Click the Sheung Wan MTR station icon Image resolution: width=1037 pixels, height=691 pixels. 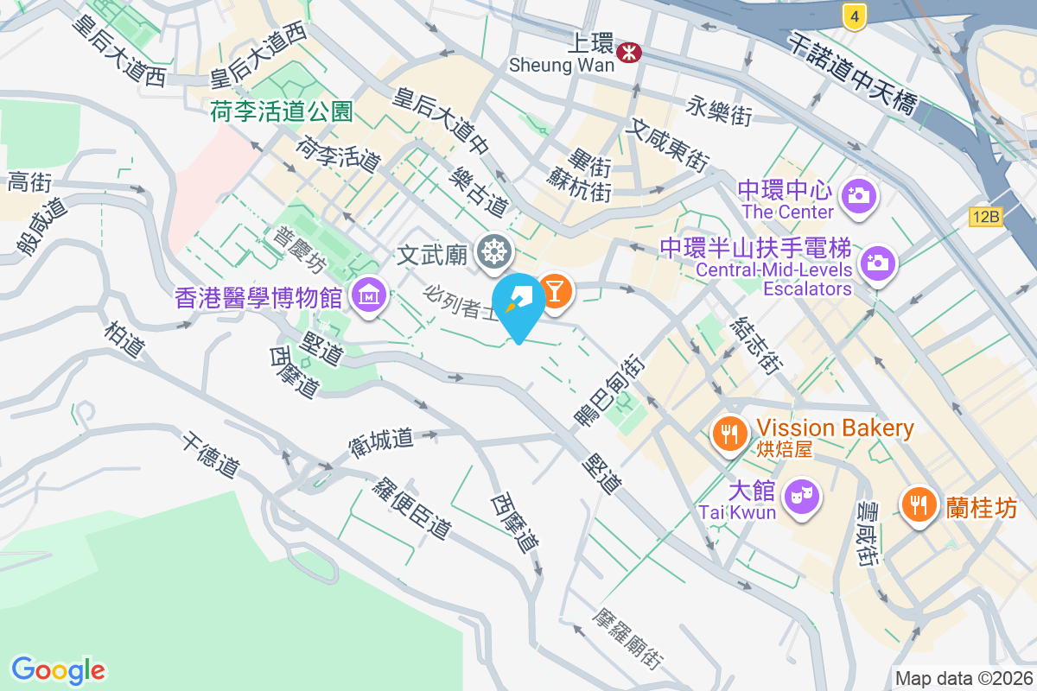click(x=629, y=53)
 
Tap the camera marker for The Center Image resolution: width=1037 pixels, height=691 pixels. click(x=858, y=196)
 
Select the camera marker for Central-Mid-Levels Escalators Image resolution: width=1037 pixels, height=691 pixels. click(x=877, y=262)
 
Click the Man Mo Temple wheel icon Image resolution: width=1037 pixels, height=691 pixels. click(x=494, y=253)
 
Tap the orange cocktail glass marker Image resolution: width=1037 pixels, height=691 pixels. click(x=554, y=291)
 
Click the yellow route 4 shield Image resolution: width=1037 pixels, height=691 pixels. click(x=854, y=16)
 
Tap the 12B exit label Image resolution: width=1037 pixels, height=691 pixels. click(x=985, y=217)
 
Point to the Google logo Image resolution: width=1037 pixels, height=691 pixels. click(x=58, y=670)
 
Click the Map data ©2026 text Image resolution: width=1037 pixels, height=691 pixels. click(x=964, y=679)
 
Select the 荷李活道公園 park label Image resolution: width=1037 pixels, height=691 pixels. click(x=282, y=111)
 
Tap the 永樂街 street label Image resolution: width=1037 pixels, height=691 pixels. click(x=719, y=110)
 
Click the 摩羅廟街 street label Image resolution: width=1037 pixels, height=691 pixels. click(x=628, y=639)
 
